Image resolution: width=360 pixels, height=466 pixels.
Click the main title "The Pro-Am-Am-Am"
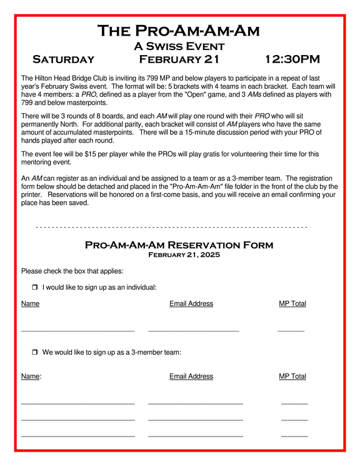(179, 31)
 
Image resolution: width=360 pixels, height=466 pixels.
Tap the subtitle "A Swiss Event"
(179, 46)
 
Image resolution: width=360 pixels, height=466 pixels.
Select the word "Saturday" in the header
(63, 59)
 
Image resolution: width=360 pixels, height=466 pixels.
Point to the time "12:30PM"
(292, 59)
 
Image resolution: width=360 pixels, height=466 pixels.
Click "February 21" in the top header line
(179, 59)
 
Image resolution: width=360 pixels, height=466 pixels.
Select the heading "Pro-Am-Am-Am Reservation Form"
(179, 245)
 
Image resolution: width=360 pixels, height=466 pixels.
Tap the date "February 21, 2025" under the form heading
(179, 255)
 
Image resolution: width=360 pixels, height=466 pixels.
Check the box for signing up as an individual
(35, 288)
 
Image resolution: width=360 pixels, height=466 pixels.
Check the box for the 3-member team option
(35, 353)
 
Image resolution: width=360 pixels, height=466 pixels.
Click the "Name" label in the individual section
(30, 304)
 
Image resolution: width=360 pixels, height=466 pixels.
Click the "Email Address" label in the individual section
(191, 304)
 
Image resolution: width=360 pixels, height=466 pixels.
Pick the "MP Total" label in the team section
(292, 377)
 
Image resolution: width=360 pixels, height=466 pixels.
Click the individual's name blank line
(78, 330)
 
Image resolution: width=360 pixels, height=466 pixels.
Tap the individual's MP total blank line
(291, 330)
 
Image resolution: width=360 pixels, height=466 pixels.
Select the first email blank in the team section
(195, 403)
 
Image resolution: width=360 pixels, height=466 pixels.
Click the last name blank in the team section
(78, 435)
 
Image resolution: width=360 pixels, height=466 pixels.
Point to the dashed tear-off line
(172, 226)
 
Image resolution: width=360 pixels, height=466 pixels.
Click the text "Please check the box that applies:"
(72, 271)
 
